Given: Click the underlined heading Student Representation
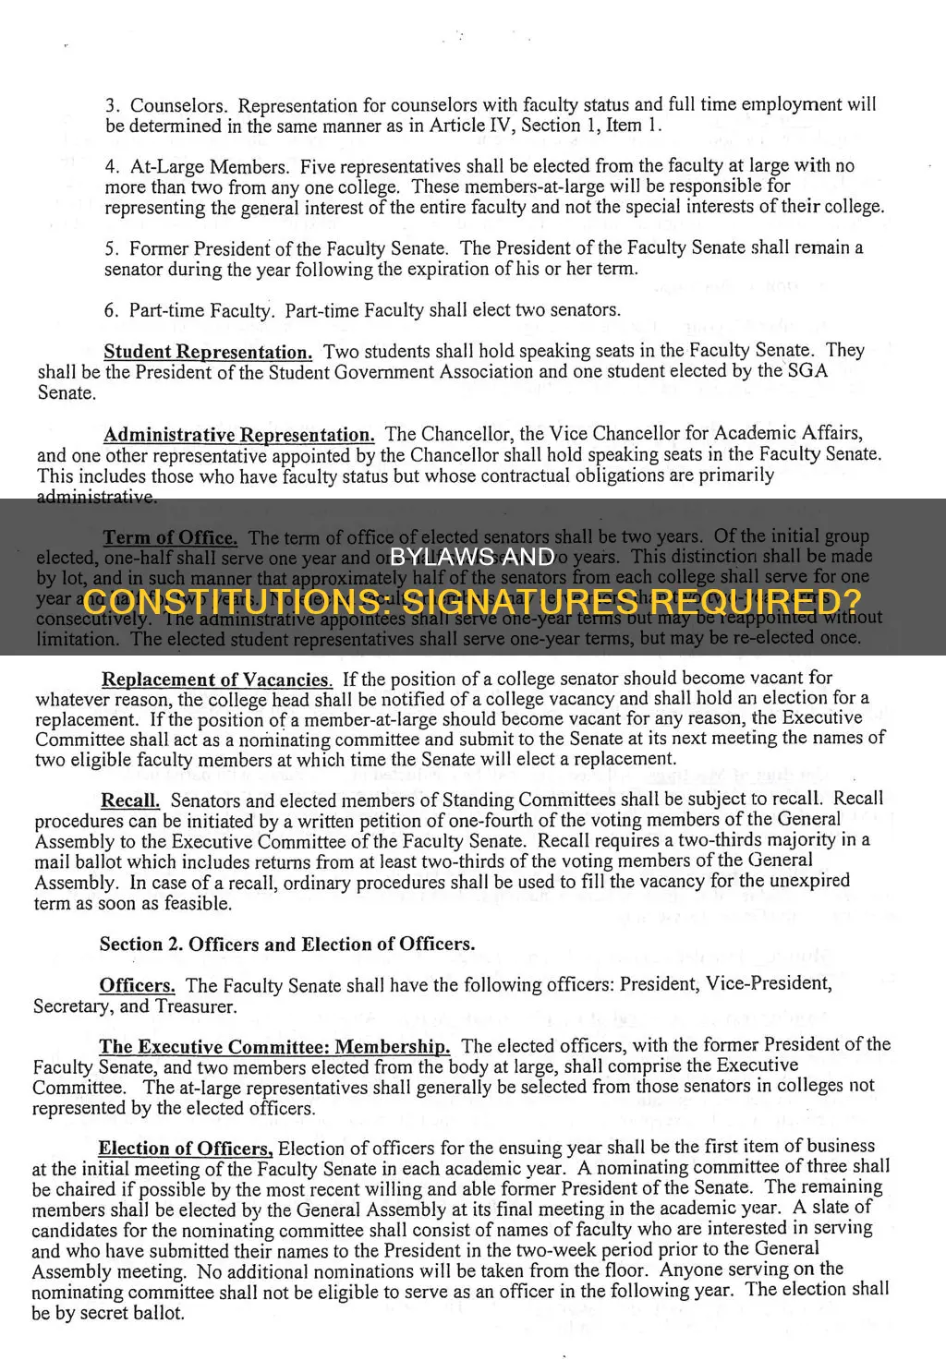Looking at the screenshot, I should (208, 352).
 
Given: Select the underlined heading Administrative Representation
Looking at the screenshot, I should (238, 435).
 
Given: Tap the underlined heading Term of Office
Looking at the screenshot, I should (170, 537).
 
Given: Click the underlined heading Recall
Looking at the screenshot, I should (130, 800).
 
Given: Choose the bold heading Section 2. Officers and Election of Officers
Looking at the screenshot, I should (287, 944).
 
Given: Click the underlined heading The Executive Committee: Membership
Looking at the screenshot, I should (274, 1047).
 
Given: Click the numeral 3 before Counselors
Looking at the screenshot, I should (111, 106).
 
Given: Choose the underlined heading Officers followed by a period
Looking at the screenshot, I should (137, 986).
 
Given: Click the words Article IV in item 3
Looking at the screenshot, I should (462, 126).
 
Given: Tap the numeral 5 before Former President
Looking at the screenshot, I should (111, 249).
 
